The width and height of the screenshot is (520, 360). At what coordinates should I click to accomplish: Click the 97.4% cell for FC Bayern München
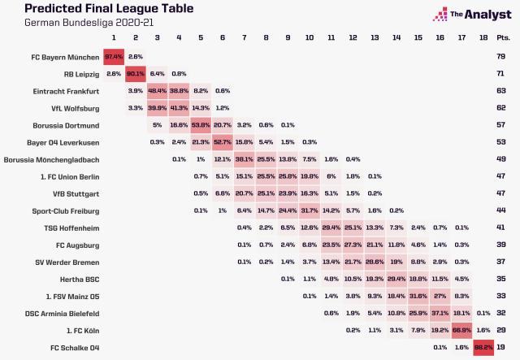113,56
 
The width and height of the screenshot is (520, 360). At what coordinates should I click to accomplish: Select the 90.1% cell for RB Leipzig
135,73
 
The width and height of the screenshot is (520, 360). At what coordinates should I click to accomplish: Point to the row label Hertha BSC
79,278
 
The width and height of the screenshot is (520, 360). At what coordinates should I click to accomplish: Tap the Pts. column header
504,38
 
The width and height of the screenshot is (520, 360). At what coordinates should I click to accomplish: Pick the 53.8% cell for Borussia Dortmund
201,125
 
